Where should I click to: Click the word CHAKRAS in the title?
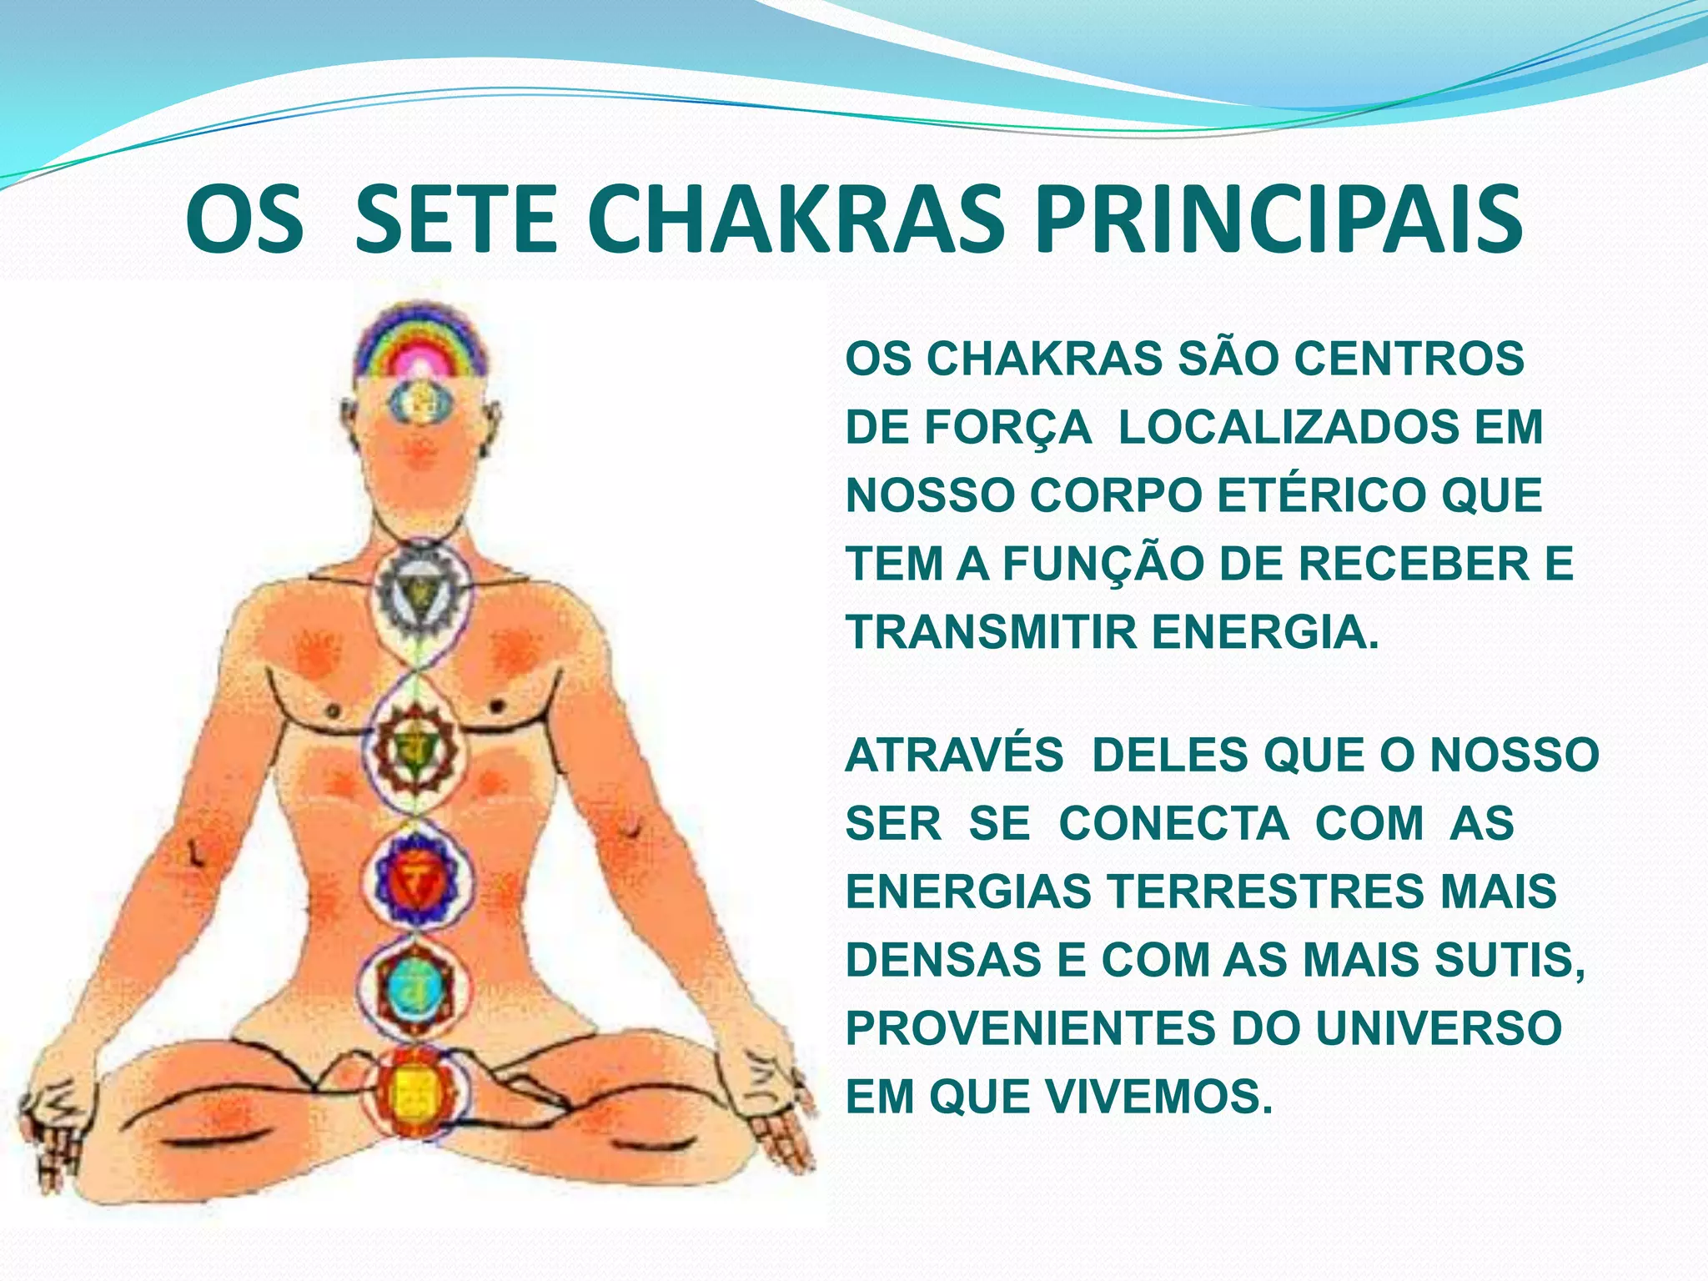[796, 220]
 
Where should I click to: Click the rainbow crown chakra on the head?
[420, 346]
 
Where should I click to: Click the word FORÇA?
[1007, 427]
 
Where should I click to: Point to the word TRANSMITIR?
[991, 631]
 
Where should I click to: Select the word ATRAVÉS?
[954, 755]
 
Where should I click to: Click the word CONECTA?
[1174, 823]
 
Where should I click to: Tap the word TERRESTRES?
[1264, 891]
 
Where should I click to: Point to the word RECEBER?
[1414, 563]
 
